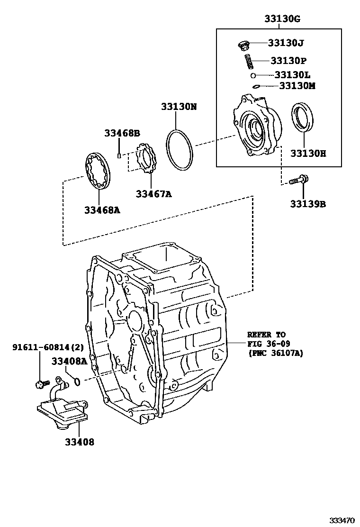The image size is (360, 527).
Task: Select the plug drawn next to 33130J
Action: (244, 45)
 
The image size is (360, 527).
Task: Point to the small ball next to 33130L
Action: (254, 75)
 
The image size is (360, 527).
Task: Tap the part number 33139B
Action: (308, 204)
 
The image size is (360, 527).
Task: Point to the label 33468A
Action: (102, 210)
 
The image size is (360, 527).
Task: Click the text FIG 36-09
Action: (269, 344)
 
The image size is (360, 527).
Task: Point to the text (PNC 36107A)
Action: (275, 353)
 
